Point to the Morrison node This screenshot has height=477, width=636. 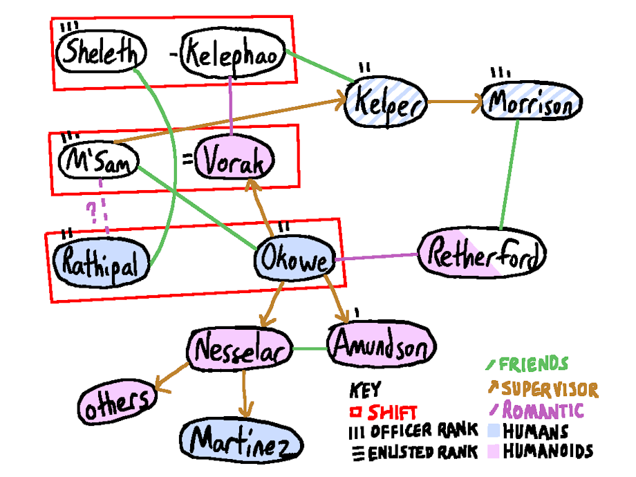point(530,104)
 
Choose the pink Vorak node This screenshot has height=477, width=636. point(236,161)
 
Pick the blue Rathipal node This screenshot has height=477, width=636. point(101,261)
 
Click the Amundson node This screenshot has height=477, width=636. point(382,344)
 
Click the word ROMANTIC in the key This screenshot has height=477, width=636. point(543,410)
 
